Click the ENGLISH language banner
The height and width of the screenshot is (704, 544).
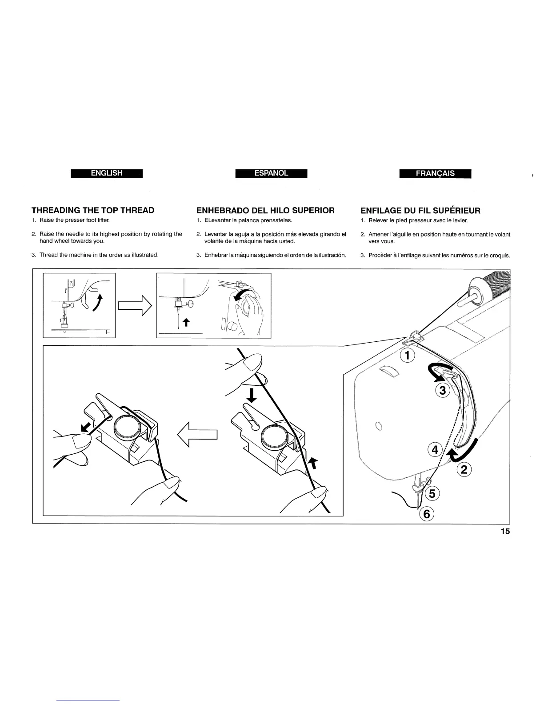[x=107, y=173]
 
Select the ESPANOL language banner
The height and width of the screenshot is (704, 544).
[x=272, y=173]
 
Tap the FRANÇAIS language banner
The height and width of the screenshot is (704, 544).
[x=435, y=174]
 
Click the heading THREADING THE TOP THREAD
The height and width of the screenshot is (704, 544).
[x=93, y=210]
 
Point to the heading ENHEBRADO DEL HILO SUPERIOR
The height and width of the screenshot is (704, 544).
[x=265, y=210]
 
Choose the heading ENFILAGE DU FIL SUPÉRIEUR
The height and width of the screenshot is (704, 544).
[x=420, y=210]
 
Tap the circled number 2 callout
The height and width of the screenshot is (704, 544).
[x=463, y=469]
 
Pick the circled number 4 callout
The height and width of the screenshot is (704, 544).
[x=435, y=450]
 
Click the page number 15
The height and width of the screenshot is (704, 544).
[x=505, y=532]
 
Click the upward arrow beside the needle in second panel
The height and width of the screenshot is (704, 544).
[x=186, y=323]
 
